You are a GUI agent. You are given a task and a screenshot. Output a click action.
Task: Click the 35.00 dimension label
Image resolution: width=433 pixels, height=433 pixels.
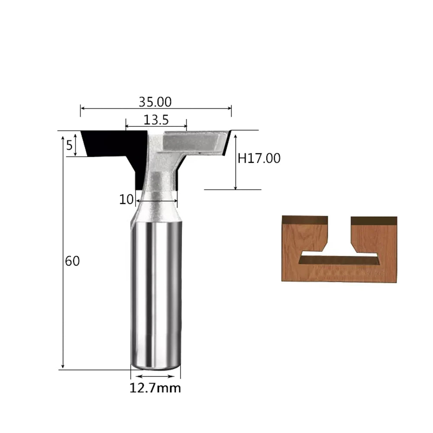[155, 102]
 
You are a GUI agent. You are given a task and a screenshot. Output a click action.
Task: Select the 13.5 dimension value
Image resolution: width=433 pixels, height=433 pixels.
[156, 120]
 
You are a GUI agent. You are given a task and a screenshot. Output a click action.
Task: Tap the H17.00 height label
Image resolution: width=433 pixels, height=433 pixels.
[259, 158]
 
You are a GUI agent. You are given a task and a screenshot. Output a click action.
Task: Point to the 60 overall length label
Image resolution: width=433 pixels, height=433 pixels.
[72, 261]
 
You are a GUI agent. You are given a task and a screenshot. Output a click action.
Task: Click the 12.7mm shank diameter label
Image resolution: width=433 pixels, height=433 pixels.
[155, 388]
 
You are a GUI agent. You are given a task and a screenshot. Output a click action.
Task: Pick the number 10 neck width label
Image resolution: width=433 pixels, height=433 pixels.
[126, 199]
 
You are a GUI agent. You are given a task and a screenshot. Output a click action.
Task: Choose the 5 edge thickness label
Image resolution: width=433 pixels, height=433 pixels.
[69, 145]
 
